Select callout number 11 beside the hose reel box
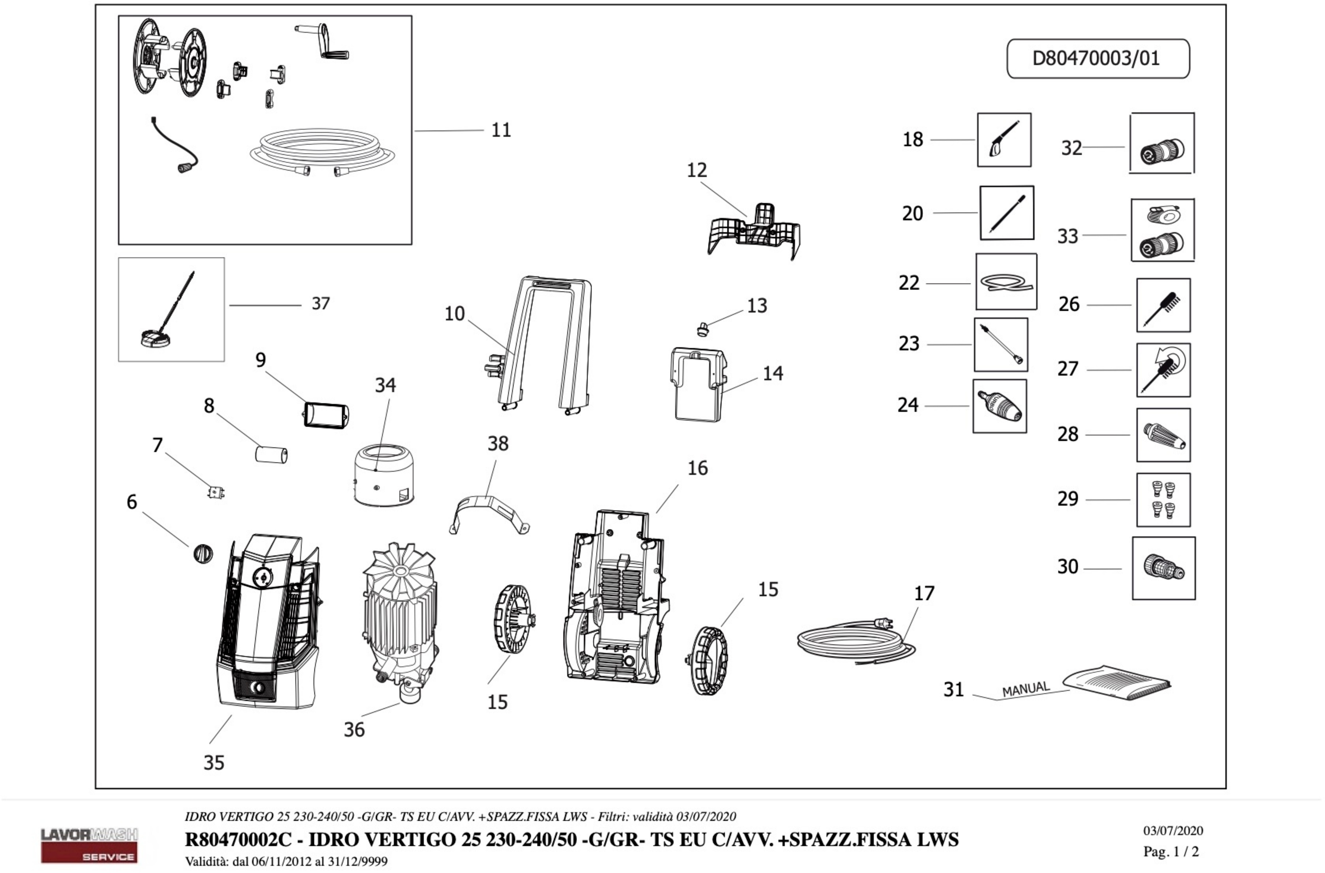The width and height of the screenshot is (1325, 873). [x=500, y=130]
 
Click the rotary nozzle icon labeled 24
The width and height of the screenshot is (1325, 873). [x=999, y=406]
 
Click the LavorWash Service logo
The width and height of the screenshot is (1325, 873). [x=89, y=844]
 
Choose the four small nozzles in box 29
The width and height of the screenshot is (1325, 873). [x=1163, y=500]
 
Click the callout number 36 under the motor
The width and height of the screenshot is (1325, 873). [x=354, y=729]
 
